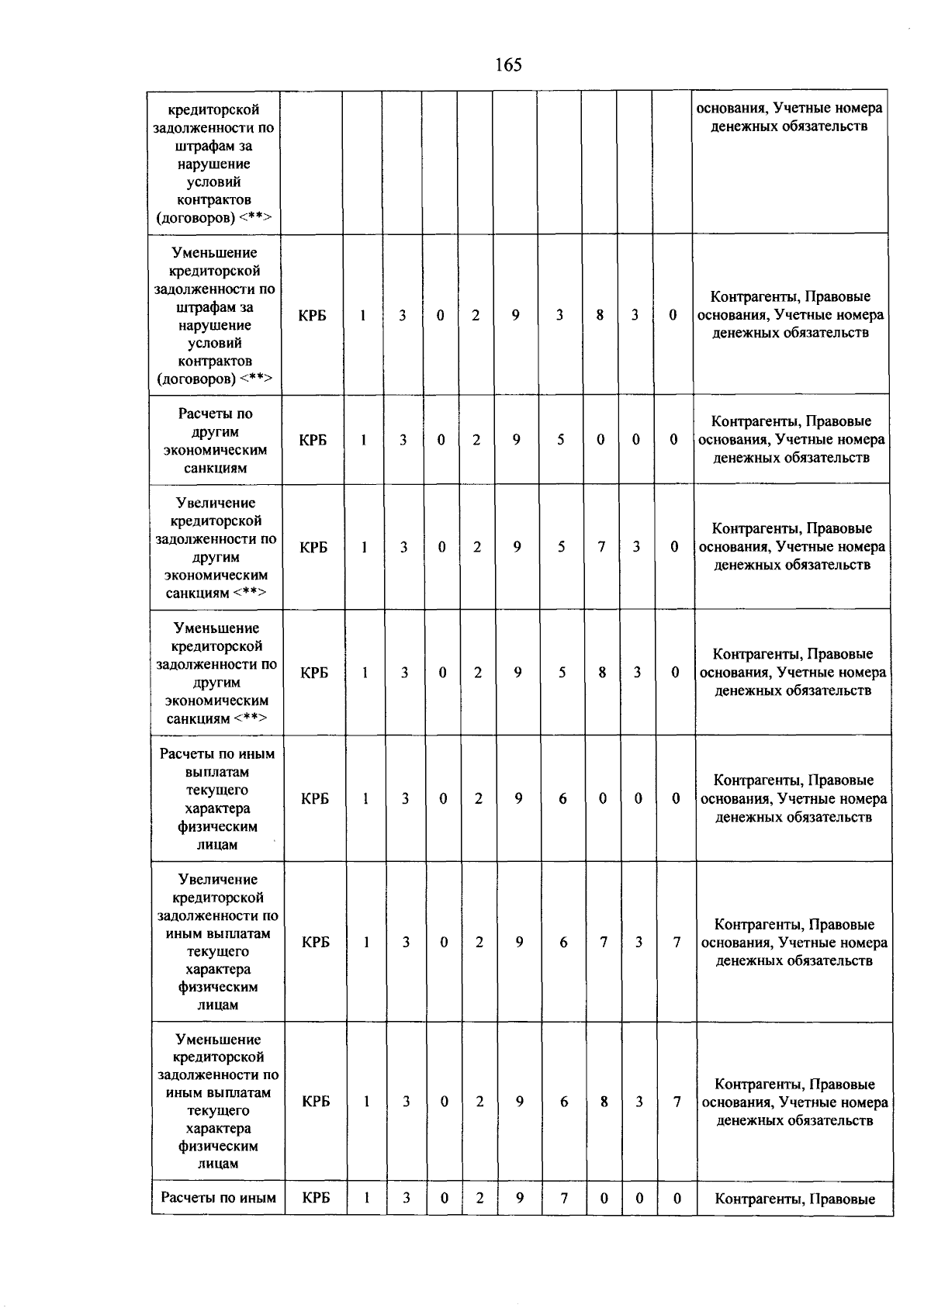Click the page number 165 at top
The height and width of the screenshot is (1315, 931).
[x=508, y=65]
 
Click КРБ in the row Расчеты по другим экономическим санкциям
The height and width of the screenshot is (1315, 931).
[x=313, y=440]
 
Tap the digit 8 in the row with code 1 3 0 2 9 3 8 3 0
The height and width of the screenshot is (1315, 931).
[x=600, y=315]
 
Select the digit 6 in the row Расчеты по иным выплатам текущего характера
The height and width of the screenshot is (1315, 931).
[x=562, y=798]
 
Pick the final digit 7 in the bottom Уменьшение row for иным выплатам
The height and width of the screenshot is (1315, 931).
[x=677, y=1102]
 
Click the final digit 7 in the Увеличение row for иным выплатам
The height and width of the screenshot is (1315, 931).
[x=677, y=942]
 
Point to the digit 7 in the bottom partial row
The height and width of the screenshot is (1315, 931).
[x=564, y=1198]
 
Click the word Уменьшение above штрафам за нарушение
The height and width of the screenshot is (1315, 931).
[x=215, y=253]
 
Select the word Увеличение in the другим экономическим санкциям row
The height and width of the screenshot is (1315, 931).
[x=216, y=503]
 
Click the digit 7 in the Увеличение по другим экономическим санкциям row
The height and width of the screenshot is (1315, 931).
[x=601, y=547]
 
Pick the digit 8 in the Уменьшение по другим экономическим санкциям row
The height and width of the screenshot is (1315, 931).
[x=602, y=673]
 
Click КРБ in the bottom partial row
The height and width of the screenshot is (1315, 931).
[x=316, y=1198]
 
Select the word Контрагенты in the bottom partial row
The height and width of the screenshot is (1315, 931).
[x=758, y=1199]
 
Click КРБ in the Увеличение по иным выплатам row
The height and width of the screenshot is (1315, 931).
[x=316, y=942]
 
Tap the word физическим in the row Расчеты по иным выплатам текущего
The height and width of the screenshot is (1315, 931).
[x=217, y=826]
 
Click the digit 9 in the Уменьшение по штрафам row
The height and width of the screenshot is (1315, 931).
[x=515, y=315]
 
